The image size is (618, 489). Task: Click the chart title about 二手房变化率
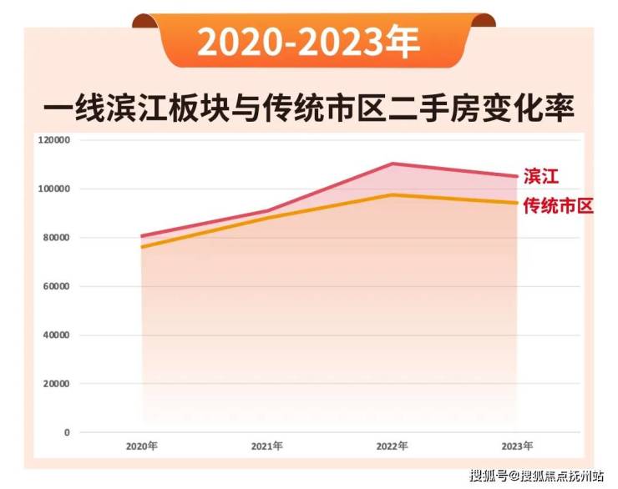(308, 108)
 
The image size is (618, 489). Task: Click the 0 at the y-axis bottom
(67, 432)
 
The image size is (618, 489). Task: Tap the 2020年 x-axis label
(141, 446)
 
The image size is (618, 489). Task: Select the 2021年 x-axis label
(266, 446)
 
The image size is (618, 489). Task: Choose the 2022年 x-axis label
(392, 446)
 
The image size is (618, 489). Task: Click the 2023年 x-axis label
(517, 446)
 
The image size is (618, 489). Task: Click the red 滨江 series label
(540, 176)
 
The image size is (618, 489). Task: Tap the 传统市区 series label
(558, 205)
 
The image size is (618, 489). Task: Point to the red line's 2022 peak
(392, 164)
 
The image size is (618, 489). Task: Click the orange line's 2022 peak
(392, 195)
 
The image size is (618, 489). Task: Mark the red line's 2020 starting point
(142, 236)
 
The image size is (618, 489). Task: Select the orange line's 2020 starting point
(142, 247)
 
